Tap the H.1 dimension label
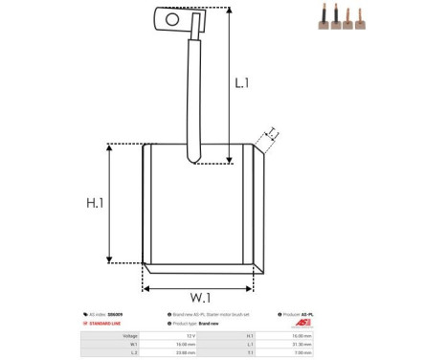(x=95, y=203)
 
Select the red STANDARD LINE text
(x=108, y=324)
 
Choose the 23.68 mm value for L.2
(x=187, y=352)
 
